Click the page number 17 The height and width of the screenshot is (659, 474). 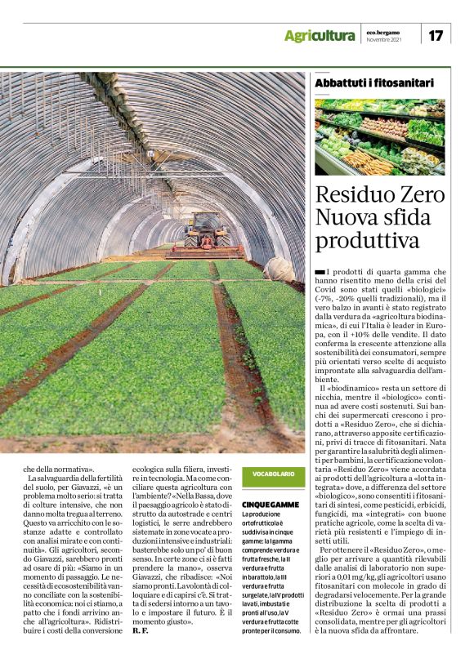(x=437, y=35)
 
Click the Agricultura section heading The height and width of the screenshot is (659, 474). (x=320, y=36)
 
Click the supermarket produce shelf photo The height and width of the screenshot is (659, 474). (x=380, y=136)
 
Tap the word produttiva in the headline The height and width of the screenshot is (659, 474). (x=367, y=242)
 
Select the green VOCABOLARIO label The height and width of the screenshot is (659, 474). (x=272, y=474)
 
